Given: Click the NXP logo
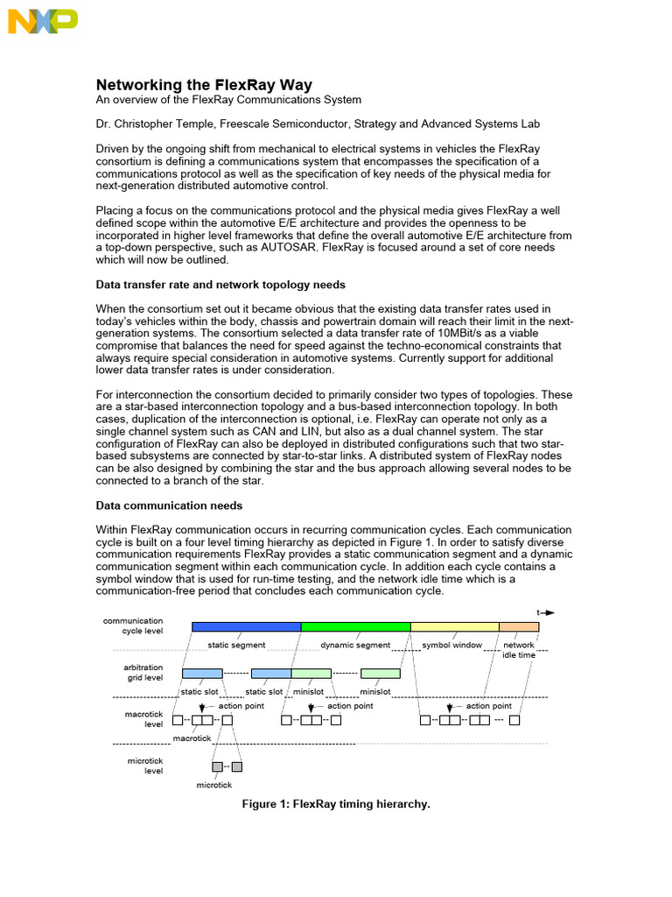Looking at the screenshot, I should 43,21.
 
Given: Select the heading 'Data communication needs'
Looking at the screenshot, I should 169,505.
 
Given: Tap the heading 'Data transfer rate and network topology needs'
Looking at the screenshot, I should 220,284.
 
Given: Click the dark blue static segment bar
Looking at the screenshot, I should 246,626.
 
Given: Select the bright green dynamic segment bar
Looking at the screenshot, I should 355,626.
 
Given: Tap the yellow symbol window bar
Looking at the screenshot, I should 454,626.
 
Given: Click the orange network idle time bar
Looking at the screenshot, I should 519,626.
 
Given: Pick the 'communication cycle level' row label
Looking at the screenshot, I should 133,626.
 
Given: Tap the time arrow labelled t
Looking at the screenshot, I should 545,612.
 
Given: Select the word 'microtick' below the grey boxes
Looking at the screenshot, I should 214,786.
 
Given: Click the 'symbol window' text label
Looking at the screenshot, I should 452,645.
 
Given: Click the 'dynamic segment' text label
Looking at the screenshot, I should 355,645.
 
